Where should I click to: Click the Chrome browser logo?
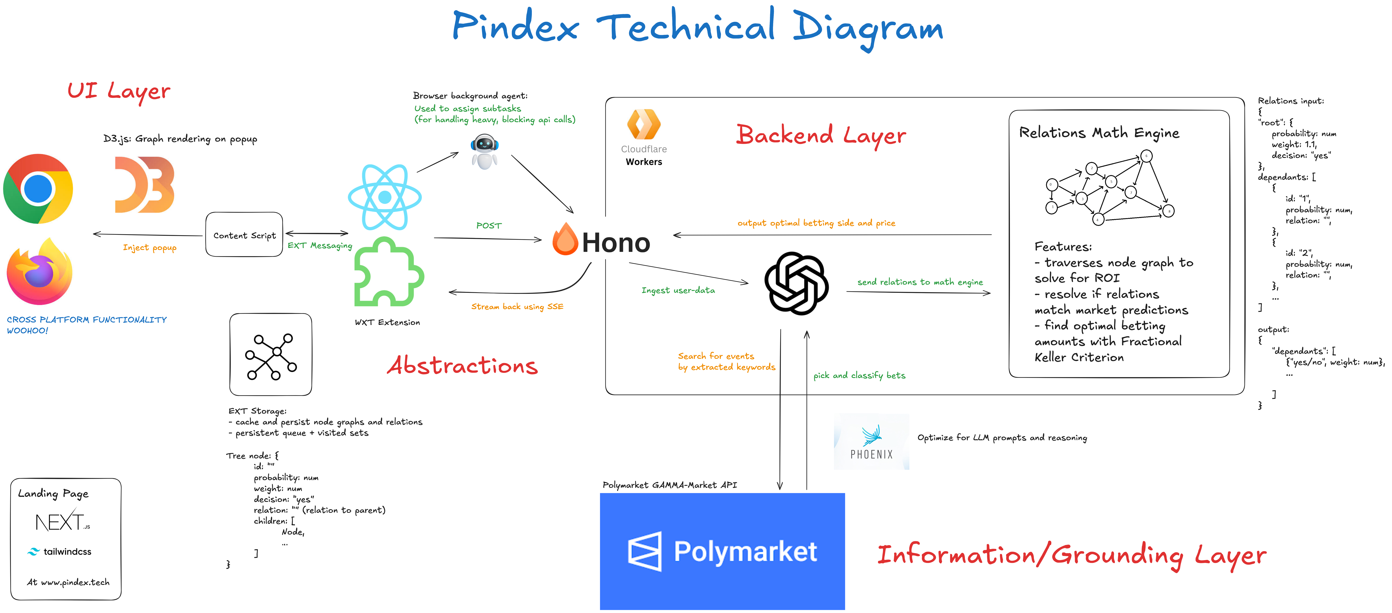pyautogui.click(x=38, y=189)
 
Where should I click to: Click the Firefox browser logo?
pyautogui.click(x=39, y=272)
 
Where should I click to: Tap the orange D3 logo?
pyautogui.click(x=144, y=185)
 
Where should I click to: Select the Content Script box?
pyautogui.click(x=244, y=235)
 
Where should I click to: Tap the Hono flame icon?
pyautogui.click(x=565, y=240)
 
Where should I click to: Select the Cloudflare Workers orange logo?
pyautogui.click(x=644, y=124)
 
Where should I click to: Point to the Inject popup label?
pyautogui.click(x=150, y=248)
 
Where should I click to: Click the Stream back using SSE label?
pyautogui.click(x=517, y=306)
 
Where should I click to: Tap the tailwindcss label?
pyautogui.click(x=67, y=551)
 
